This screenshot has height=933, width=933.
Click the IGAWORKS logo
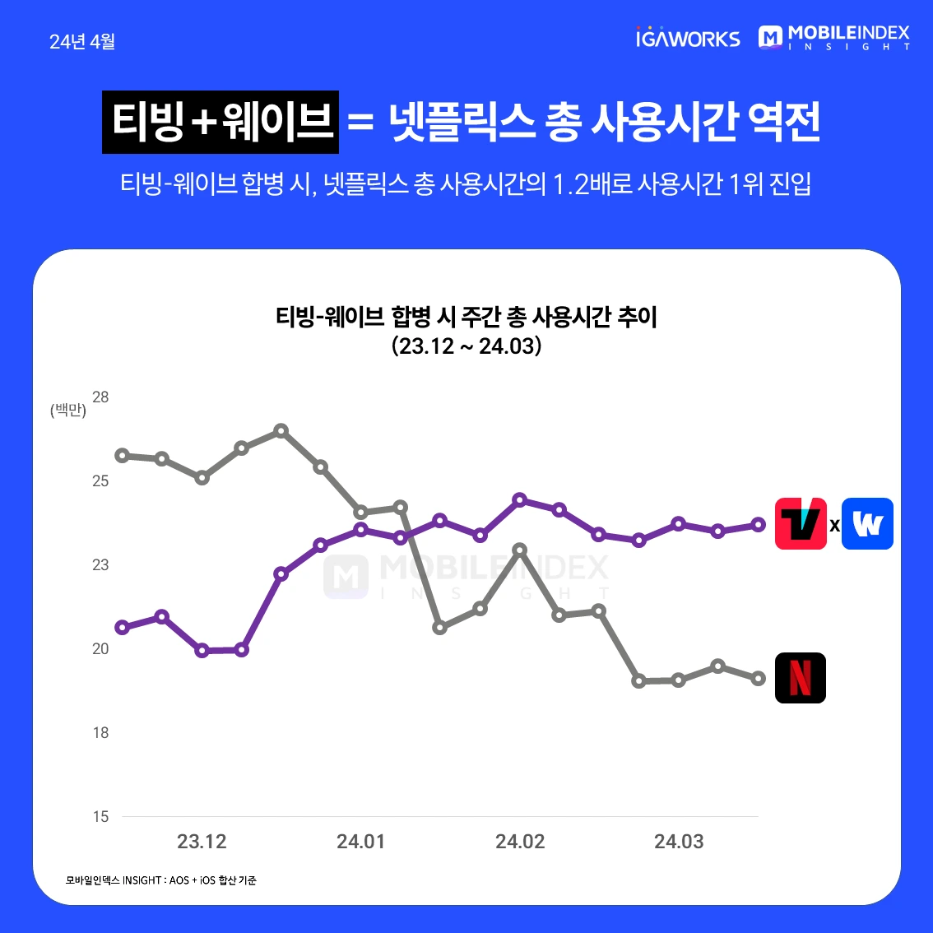688,38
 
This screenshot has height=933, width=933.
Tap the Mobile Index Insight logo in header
834,38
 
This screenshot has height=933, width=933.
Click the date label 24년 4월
82,42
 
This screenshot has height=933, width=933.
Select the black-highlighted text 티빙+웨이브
220,122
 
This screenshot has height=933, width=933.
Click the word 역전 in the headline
784,123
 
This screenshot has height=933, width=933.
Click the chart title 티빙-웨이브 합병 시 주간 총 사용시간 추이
466,317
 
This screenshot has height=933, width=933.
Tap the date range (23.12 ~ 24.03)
466,346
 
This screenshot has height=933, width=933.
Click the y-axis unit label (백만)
67,410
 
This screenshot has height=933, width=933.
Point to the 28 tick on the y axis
100,397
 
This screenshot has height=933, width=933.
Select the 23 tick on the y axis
100,565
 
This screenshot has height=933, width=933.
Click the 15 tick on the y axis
100,817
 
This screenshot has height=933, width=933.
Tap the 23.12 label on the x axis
202,842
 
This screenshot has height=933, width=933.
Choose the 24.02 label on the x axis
520,842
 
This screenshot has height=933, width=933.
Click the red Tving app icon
801,524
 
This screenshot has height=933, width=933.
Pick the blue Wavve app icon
867,524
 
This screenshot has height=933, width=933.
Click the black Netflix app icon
801,678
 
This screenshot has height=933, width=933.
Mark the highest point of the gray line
281,430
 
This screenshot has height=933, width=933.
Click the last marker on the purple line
759,524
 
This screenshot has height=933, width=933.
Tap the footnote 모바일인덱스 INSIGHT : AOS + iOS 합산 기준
161,880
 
